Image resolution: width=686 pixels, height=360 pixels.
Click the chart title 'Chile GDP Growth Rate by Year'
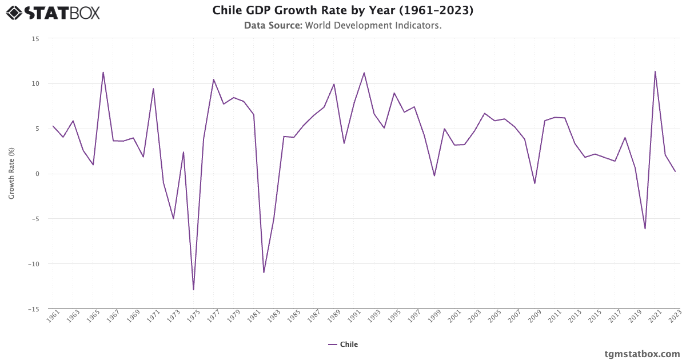point(343,10)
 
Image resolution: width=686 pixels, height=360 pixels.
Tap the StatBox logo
point(53,13)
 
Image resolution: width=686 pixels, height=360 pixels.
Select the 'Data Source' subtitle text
point(343,26)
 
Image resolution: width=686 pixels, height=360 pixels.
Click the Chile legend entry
point(343,345)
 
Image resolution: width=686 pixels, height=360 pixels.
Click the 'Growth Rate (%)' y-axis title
point(11,174)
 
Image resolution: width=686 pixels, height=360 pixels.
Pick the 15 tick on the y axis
point(35,39)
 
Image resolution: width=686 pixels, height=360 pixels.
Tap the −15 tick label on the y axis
point(34,309)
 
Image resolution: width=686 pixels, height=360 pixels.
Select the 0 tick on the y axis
point(37,174)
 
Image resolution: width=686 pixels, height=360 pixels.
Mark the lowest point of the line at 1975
point(193,290)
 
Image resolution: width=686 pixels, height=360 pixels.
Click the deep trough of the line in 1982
point(264,273)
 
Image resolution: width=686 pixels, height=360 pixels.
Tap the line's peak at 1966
point(103,73)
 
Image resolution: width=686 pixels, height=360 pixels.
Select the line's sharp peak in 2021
point(655,71)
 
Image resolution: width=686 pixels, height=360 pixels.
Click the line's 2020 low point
point(645,229)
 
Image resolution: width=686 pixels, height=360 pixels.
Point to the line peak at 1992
point(364,73)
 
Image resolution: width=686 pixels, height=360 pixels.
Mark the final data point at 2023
point(675,171)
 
